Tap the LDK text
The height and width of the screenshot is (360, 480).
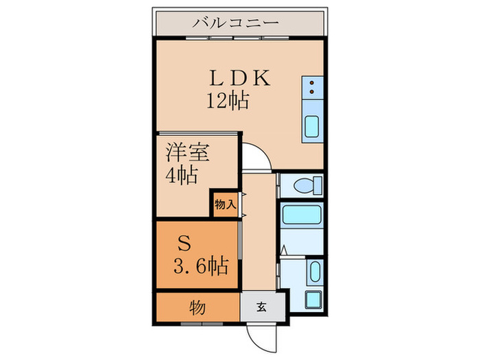point(235,77)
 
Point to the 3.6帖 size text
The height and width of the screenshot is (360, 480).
point(199,264)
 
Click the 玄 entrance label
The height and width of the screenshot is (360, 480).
point(261,307)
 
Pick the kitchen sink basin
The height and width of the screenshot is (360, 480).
point(313,128)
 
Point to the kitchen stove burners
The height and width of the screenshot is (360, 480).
point(313,87)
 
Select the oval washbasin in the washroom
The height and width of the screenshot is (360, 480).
point(315,273)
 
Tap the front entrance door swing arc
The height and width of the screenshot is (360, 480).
point(263,336)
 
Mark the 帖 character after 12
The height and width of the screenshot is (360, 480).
point(239,101)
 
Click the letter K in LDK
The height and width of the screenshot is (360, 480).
point(261,77)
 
